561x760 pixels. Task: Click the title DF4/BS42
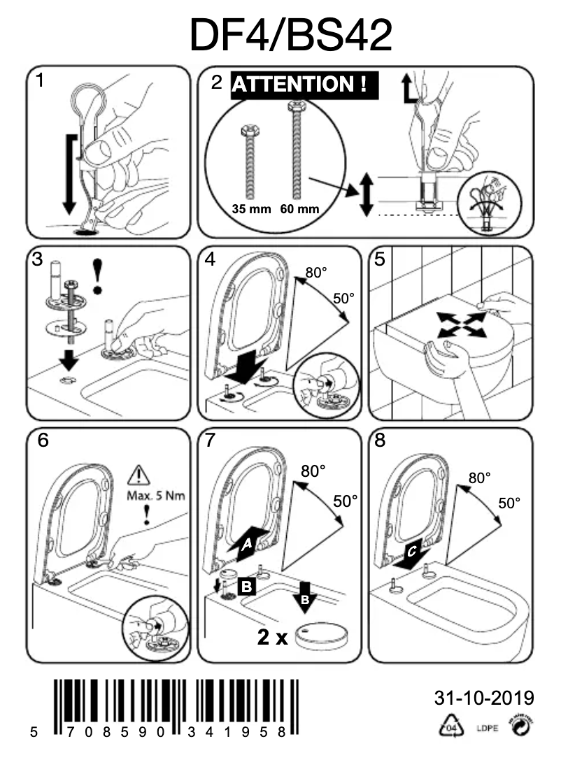pos(290,35)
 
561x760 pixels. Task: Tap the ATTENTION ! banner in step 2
pos(304,85)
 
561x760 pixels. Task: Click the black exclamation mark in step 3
pos(99,275)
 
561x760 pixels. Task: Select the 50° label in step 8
pos(510,503)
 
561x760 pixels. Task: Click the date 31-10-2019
pos(484,698)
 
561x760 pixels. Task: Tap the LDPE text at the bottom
pos(487,731)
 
